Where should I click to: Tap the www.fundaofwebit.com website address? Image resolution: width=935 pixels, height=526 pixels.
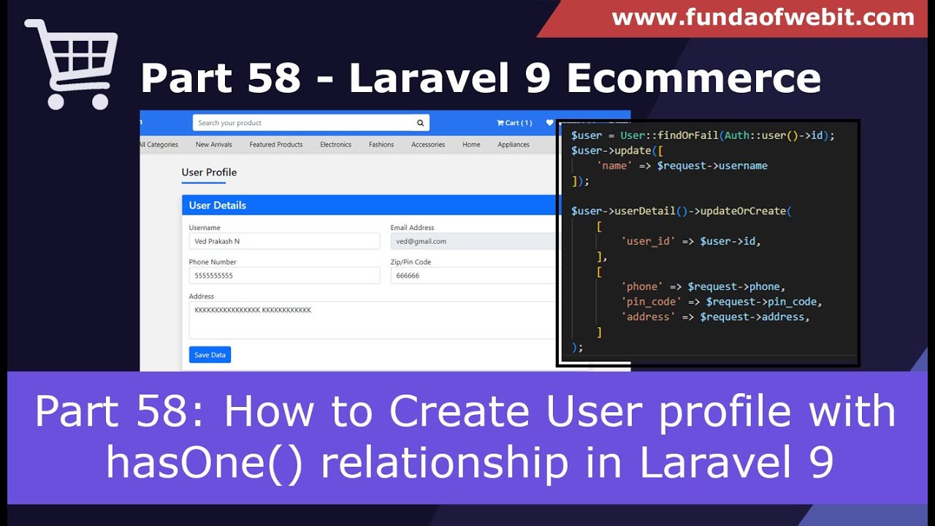tap(763, 18)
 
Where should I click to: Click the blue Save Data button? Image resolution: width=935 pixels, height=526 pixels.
tap(210, 355)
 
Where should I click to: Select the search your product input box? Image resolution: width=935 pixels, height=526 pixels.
tap(303, 123)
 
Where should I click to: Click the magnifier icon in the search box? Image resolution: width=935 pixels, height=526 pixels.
tap(420, 123)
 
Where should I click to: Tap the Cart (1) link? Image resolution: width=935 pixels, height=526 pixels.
tap(514, 123)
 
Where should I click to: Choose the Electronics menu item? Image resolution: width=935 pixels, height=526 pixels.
tap(335, 145)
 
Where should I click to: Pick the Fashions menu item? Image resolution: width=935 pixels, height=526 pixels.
tap(381, 145)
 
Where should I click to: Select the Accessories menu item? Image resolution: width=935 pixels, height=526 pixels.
tap(428, 145)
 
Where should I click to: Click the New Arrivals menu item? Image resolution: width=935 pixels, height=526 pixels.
tap(213, 145)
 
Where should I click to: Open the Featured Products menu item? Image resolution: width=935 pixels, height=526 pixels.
tap(276, 145)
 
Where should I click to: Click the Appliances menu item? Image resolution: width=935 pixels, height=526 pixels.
tap(514, 145)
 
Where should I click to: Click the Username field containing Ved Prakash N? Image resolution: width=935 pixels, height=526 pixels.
tap(284, 241)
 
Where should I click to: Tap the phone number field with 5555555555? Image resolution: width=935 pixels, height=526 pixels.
tap(284, 275)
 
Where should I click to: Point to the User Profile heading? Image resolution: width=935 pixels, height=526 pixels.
tap(209, 172)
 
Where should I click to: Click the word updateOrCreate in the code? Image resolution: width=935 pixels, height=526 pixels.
tap(742, 211)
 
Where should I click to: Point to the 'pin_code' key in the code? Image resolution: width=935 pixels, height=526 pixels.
tap(651, 302)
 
